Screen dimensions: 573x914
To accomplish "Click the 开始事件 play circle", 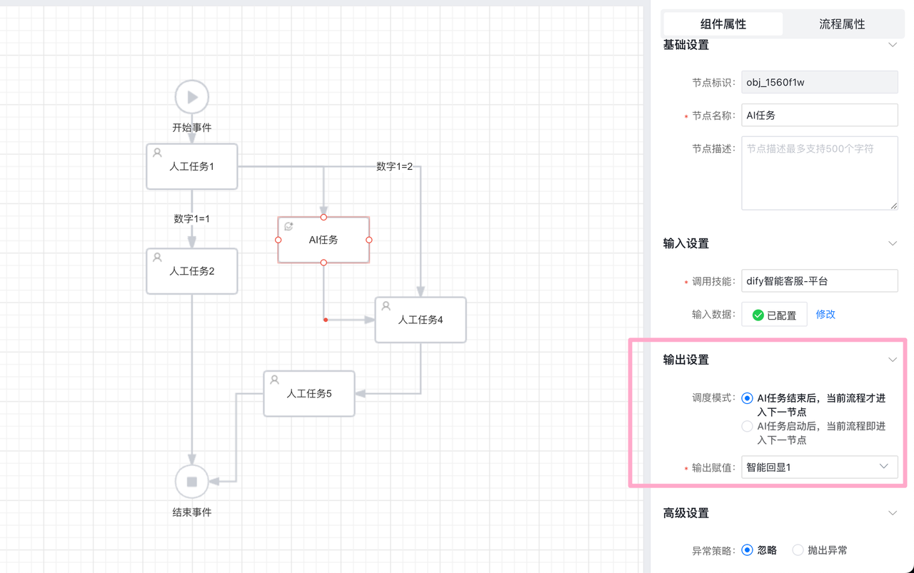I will click(x=192, y=97).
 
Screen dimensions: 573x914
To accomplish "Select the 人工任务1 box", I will click(x=192, y=166).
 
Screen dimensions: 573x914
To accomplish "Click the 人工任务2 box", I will click(x=192, y=271).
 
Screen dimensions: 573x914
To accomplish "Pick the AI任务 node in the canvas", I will click(x=323, y=240).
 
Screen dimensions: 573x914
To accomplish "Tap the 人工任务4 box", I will click(x=421, y=320).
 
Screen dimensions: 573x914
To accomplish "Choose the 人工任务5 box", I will click(x=309, y=393).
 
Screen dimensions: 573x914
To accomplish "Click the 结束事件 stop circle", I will click(x=192, y=482).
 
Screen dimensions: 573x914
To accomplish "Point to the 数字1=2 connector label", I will click(x=395, y=166).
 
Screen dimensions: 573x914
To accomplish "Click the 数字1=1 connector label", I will click(x=192, y=218).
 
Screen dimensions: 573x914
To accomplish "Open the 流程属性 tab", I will click(x=842, y=24).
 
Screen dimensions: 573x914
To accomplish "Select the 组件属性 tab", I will click(x=723, y=24).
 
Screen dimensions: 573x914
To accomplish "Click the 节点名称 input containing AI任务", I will click(x=819, y=115).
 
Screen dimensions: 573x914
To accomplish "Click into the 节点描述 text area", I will click(x=819, y=173).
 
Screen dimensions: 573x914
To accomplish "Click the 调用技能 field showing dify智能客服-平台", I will click(x=819, y=281).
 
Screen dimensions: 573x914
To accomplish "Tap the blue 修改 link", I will click(x=825, y=314).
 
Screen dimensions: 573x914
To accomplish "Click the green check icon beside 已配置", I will click(x=758, y=315).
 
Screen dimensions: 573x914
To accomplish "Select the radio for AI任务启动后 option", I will click(x=747, y=427).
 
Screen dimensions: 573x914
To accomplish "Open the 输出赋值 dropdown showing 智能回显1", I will click(x=819, y=467).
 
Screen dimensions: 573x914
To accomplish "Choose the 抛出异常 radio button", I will click(x=798, y=550).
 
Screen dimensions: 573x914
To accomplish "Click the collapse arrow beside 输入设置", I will click(x=892, y=243).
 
